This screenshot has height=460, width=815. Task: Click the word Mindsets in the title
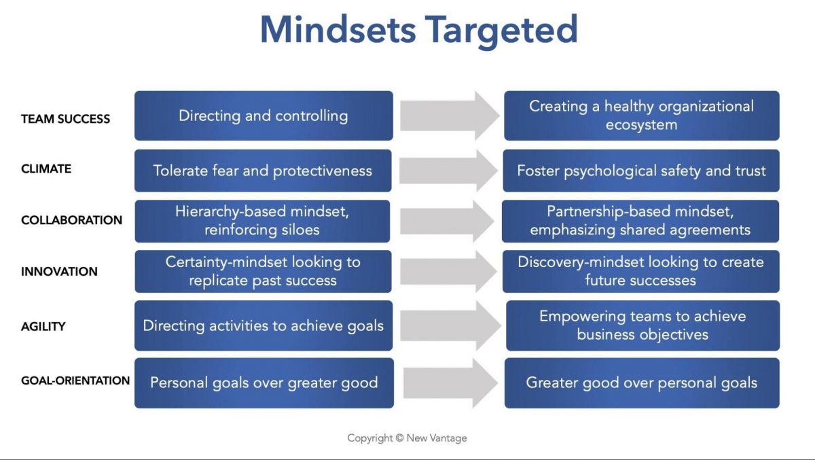point(338,29)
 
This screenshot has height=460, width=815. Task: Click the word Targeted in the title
point(501,32)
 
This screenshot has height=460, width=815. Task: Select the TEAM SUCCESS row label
point(65,119)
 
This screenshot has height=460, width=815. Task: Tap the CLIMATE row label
point(46,169)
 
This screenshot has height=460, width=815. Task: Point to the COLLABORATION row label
point(72,220)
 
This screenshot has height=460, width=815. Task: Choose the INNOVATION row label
point(59,272)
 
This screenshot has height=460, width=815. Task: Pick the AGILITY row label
point(43,326)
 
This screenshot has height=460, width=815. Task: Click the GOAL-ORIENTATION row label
point(75,381)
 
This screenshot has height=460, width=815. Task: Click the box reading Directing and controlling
point(264,116)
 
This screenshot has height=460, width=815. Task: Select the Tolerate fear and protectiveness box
point(263,171)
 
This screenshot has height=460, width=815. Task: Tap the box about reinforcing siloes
point(262,222)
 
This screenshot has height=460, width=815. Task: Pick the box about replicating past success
point(263,272)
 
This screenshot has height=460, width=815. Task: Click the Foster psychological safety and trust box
point(641,171)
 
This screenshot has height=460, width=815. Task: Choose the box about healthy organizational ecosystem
point(641,116)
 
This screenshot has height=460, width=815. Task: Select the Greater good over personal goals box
point(642,383)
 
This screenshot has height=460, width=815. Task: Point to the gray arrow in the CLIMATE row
point(449,171)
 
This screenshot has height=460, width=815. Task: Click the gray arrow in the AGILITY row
point(450,325)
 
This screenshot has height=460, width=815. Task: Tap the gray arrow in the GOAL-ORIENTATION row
point(450,383)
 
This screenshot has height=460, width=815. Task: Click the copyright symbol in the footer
point(399,438)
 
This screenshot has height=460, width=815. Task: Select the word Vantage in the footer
point(448,438)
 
